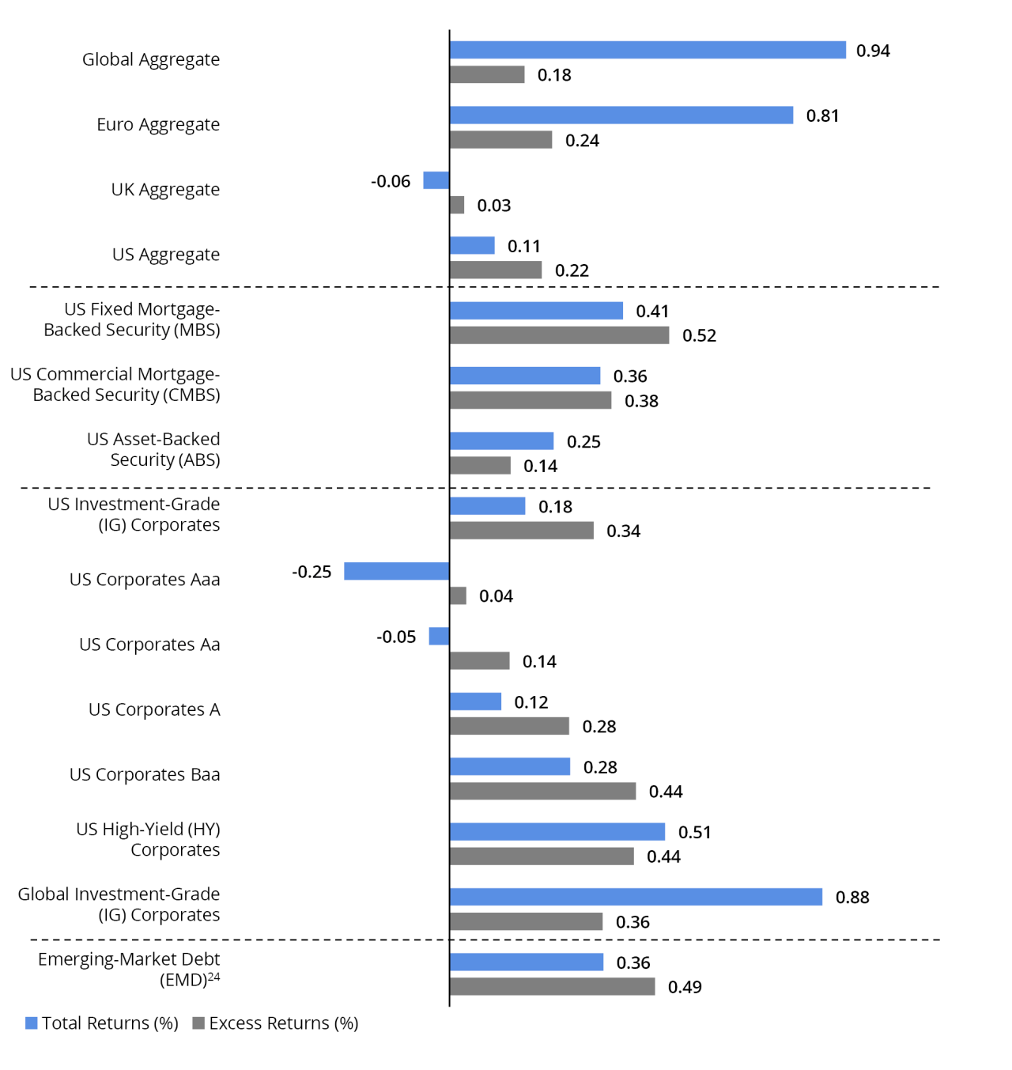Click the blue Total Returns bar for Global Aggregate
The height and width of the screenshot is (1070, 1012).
click(x=648, y=50)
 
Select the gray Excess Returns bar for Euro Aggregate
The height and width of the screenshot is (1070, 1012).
click(x=500, y=140)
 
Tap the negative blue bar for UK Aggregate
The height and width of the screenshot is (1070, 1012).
click(x=436, y=180)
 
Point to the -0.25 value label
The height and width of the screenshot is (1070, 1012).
click(x=312, y=572)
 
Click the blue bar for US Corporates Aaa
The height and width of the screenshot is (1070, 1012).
click(x=396, y=571)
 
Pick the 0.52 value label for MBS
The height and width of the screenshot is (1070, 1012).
click(x=699, y=335)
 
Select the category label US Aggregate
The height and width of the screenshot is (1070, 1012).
click(x=166, y=255)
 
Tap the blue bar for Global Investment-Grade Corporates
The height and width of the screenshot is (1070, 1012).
click(x=636, y=897)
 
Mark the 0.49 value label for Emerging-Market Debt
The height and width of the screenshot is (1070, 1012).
click(x=685, y=987)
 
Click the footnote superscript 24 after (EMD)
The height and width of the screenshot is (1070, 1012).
click(x=213, y=977)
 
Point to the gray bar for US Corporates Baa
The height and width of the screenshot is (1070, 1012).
click(x=542, y=791)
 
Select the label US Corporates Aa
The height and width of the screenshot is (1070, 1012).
click(x=149, y=645)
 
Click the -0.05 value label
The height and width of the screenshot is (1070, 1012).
click(x=396, y=637)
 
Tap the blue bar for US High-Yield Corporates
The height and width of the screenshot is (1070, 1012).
click(x=557, y=831)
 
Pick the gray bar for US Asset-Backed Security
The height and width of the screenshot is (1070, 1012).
click(x=480, y=466)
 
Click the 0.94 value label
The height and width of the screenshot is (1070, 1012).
click(x=873, y=51)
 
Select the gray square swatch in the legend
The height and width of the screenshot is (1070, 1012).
click(x=198, y=1023)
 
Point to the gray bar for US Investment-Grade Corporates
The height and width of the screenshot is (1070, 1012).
click(x=521, y=531)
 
